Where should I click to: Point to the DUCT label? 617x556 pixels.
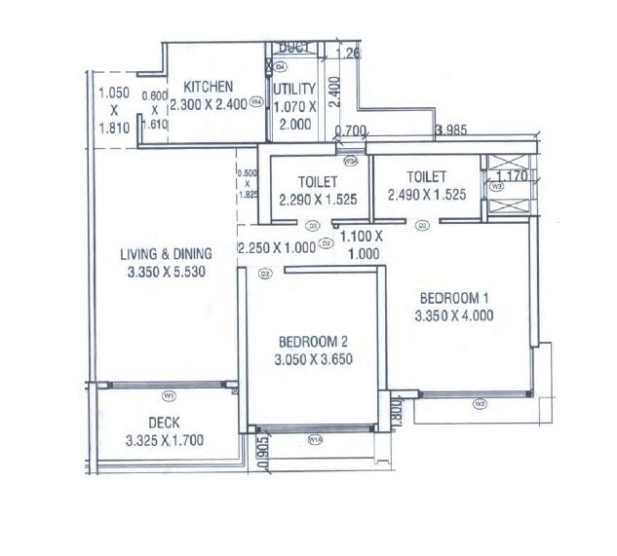pyautogui.click(x=292, y=47)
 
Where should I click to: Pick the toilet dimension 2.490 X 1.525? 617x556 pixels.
pyautogui.click(x=425, y=195)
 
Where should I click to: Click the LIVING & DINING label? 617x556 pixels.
pyautogui.click(x=166, y=255)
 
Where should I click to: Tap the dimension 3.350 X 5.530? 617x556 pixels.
pyautogui.click(x=166, y=274)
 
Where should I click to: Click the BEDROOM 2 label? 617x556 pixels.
pyautogui.click(x=314, y=342)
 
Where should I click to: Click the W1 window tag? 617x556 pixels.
pyautogui.click(x=169, y=395)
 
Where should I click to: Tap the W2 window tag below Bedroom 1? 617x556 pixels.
pyautogui.click(x=480, y=403)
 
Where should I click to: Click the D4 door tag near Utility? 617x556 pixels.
pyautogui.click(x=280, y=66)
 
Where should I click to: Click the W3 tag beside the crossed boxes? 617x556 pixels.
pyautogui.click(x=497, y=185)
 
